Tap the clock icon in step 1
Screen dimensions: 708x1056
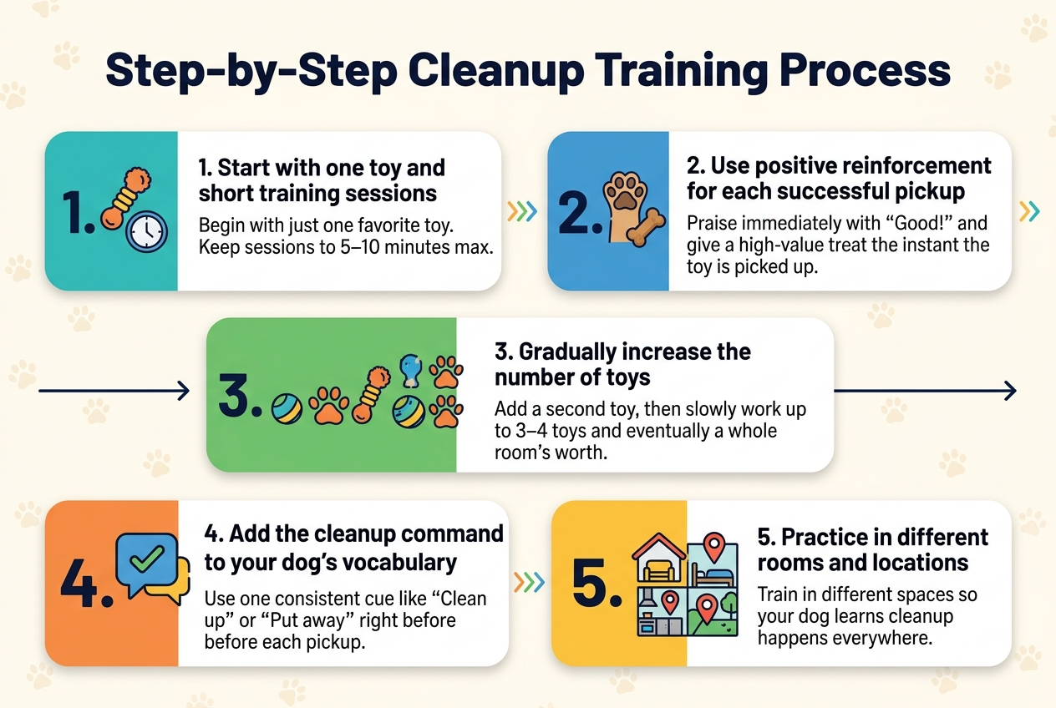(x=147, y=231)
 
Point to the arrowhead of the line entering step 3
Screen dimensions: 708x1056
(x=184, y=391)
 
